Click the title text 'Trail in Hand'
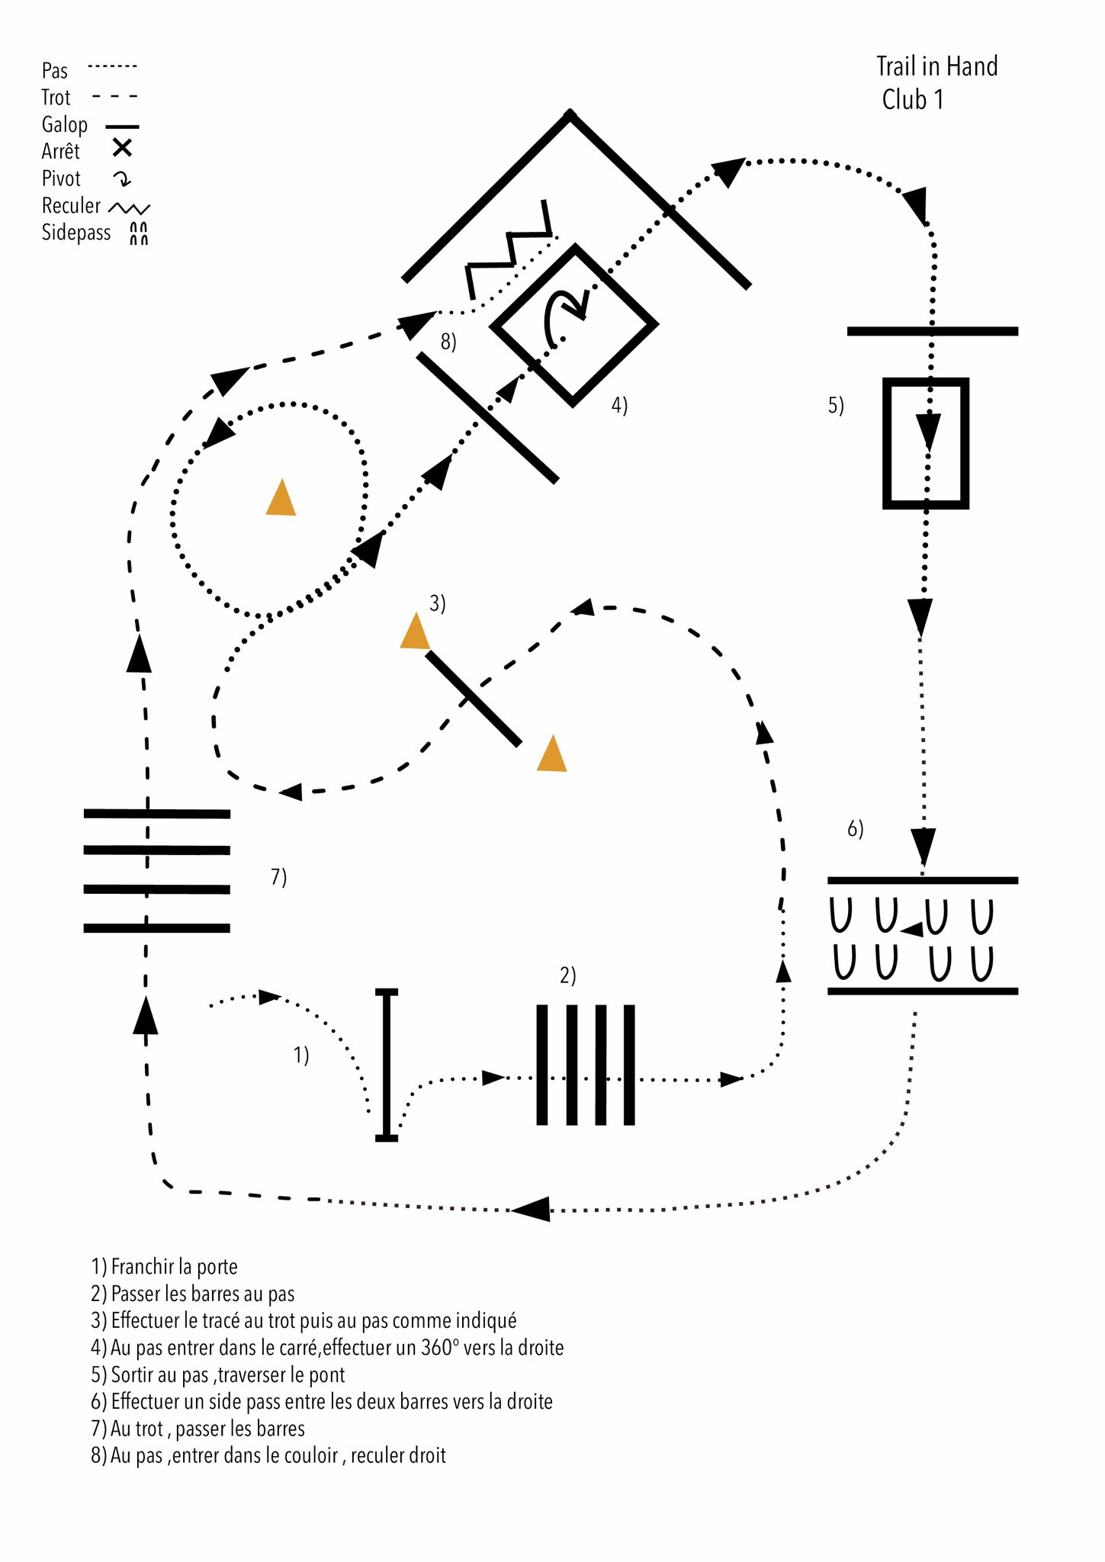point(936,66)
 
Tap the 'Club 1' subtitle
point(913,99)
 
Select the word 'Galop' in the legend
point(65,124)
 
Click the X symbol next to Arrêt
point(122,148)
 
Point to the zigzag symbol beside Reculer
point(129,208)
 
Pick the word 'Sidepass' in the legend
point(76,232)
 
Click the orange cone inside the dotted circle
point(281,497)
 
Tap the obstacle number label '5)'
point(837,405)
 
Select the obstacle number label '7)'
point(279,877)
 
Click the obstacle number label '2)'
point(568,975)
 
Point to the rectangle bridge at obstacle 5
point(926,443)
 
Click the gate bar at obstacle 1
point(387,1065)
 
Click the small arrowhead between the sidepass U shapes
point(912,929)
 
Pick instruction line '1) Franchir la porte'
point(165,1267)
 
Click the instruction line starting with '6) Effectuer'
point(322,1401)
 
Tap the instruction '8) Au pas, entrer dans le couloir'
point(268,1455)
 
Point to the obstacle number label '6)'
point(856,828)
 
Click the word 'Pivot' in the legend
point(61,178)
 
